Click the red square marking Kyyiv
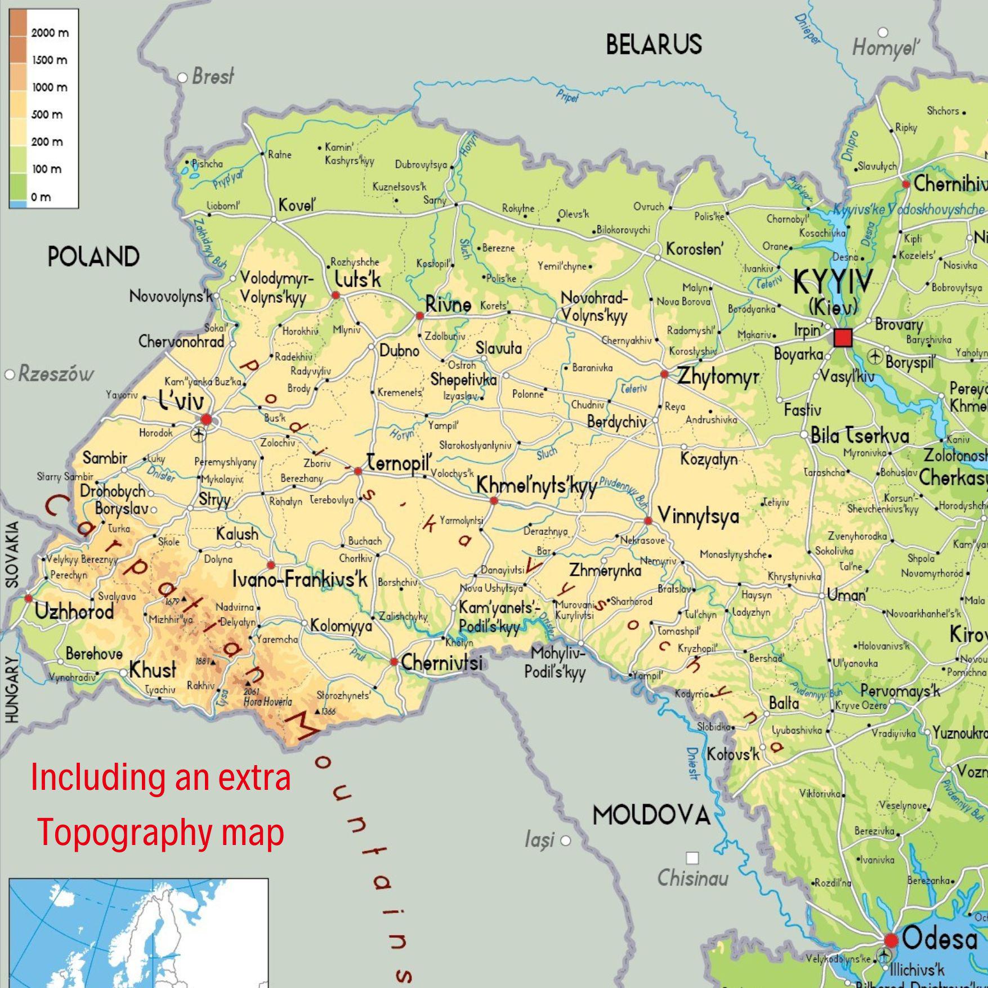coord(843,338)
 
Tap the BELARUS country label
coord(654,44)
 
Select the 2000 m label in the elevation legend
coord(50,33)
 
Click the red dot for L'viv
coord(206,419)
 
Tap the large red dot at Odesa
coord(891,940)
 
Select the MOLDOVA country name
coord(651,815)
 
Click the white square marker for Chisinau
coord(692,858)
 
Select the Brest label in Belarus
coord(213,77)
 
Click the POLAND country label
coord(93,257)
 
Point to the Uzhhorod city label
coord(74,611)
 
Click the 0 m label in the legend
coord(41,196)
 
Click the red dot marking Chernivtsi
coord(394,661)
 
